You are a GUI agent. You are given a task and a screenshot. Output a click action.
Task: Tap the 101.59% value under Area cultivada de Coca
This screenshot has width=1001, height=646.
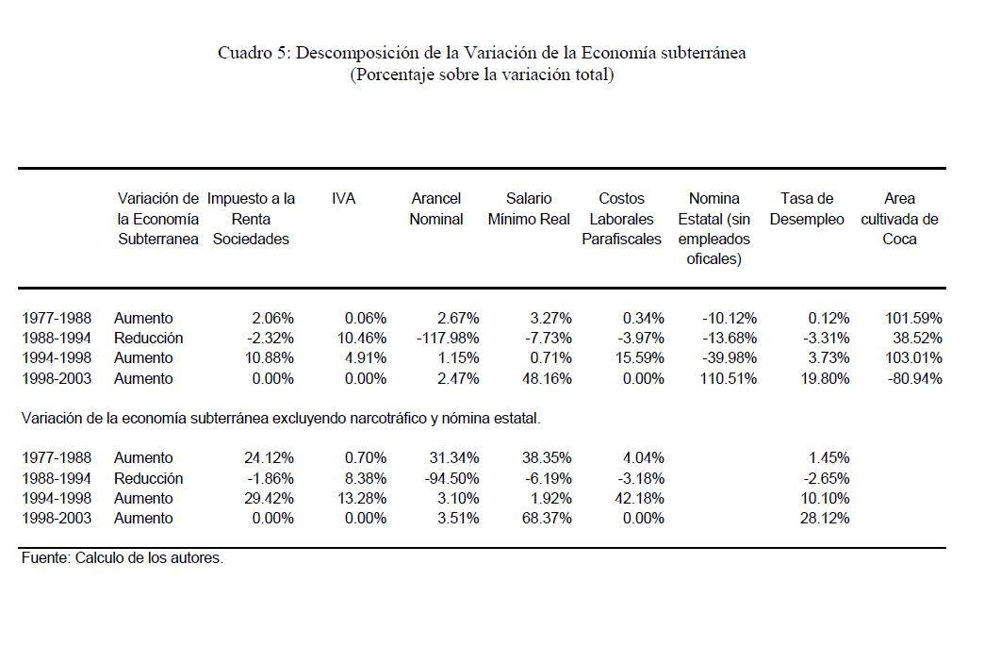click(913, 318)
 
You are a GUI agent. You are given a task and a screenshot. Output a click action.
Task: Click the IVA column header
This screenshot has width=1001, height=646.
click(344, 199)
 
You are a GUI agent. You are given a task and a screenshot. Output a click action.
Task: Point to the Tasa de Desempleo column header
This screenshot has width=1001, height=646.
click(807, 208)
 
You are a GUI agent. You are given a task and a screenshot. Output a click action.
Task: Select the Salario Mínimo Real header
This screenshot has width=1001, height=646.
click(529, 208)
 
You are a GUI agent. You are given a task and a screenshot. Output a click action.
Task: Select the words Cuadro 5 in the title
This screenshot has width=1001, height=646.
click(253, 53)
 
